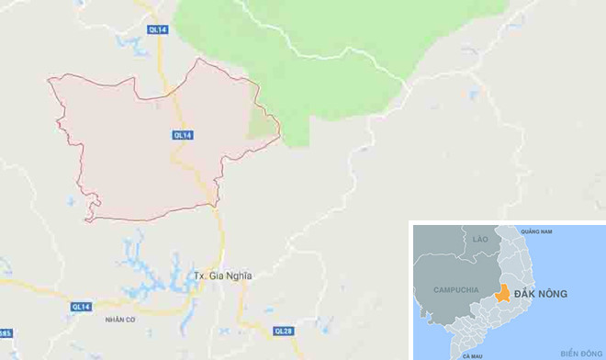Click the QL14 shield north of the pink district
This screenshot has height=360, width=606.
pyautogui.click(x=157, y=30)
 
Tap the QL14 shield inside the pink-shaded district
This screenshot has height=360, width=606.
pyautogui.click(x=183, y=135)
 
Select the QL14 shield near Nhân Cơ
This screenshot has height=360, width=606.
pyautogui.click(x=81, y=306)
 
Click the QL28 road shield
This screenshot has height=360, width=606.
pyautogui.click(x=284, y=329)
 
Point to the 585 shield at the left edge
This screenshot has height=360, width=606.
pyautogui.click(x=5, y=332)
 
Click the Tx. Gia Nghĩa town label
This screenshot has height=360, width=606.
pyautogui.click(x=223, y=276)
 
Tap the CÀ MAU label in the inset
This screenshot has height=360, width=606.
pyautogui.click(x=472, y=354)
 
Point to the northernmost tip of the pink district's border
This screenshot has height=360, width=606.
pyautogui.click(x=198, y=60)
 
